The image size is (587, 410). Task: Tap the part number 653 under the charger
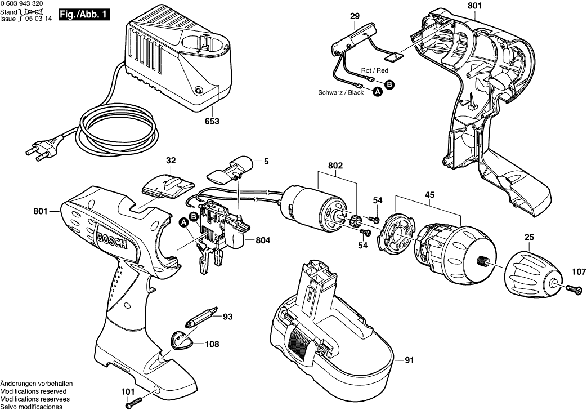(x=212, y=121)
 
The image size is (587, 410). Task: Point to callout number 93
(x=227, y=317)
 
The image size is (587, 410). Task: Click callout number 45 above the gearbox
(x=429, y=195)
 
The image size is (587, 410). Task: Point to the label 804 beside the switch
(x=263, y=240)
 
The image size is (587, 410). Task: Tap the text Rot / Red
(x=375, y=70)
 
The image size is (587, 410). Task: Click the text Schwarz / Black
(x=341, y=93)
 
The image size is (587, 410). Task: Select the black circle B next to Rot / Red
(x=389, y=84)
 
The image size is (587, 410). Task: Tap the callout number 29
(x=355, y=17)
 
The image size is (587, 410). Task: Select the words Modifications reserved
(x=33, y=391)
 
